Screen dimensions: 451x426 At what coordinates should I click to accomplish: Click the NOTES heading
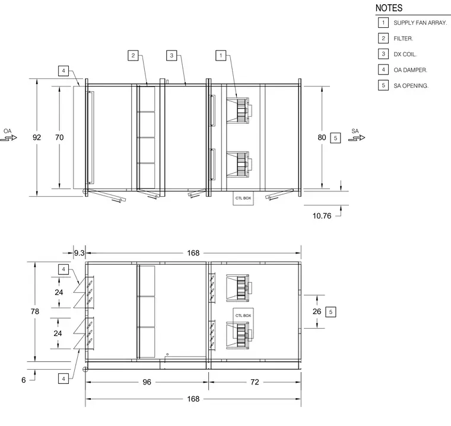coord(389,8)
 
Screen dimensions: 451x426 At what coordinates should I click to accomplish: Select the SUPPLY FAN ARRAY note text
coord(420,23)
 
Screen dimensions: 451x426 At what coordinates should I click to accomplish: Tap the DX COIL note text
coord(405,55)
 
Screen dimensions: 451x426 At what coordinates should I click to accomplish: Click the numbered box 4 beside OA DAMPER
coord(383,69)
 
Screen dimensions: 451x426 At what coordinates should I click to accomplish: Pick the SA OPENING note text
coord(411,85)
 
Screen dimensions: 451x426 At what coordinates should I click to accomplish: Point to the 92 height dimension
coord(37,137)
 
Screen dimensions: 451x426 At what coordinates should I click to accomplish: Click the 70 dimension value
coord(59,137)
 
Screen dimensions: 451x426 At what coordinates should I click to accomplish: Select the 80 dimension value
coord(322,137)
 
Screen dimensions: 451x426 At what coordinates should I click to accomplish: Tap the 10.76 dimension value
coord(322,216)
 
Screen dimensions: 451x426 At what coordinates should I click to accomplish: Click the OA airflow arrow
coord(9,138)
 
